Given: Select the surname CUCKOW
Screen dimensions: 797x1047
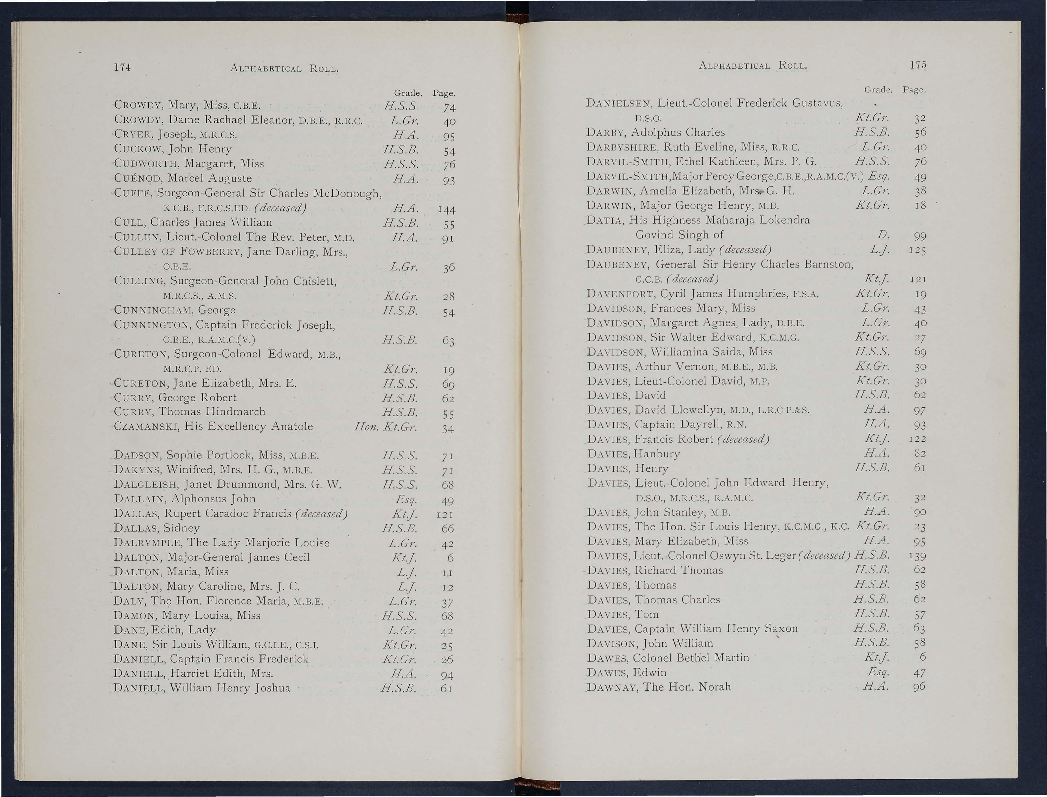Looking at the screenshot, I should [134, 149].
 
